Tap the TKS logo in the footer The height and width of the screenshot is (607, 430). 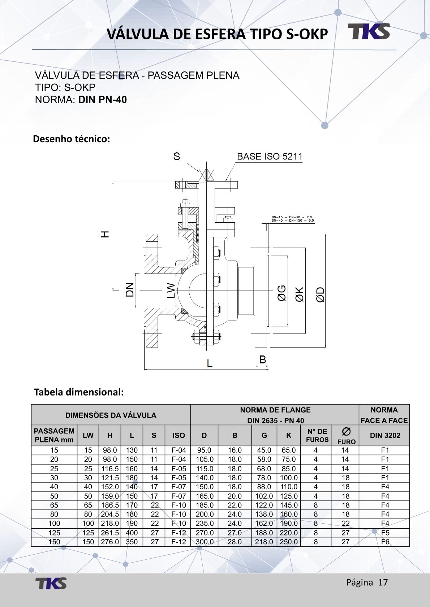51,583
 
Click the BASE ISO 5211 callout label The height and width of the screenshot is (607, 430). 270,156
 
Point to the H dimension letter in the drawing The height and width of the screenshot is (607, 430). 104,234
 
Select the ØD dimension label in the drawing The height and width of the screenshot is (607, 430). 320,294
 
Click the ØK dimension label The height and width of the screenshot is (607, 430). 300,294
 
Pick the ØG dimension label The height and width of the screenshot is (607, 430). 281,293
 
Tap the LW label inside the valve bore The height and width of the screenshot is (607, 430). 171,291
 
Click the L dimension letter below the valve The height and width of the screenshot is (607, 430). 210,363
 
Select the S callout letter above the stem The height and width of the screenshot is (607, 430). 176,156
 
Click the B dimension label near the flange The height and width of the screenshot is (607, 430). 263,359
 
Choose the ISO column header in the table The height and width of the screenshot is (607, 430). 179,435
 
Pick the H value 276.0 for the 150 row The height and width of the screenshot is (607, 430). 110,542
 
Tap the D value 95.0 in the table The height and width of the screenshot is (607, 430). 204,450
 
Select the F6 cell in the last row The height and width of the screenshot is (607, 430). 385,542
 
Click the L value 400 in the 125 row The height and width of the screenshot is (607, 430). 132,533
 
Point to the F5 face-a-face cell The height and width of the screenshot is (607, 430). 385,533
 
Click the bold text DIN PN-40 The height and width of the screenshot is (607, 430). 103,100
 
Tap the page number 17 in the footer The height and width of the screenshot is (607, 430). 383,582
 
